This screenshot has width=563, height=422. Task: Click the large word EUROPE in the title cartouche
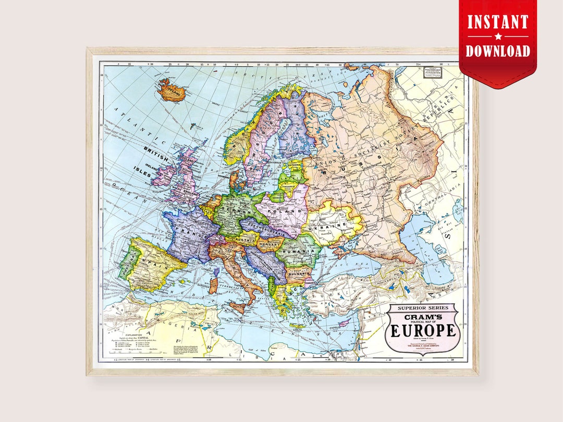(423, 330)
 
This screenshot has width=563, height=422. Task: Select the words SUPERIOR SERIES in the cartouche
(423, 308)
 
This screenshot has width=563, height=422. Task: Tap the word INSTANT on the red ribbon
(498, 22)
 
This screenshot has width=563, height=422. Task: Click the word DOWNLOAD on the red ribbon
(498, 51)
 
